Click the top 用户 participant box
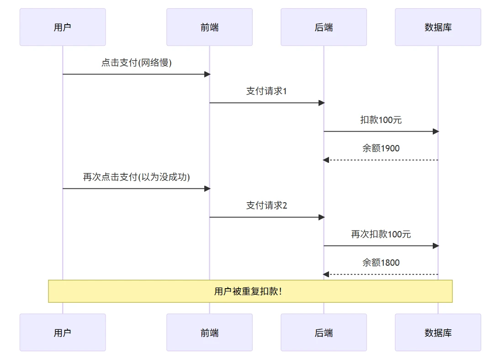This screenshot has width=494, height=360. tap(63, 27)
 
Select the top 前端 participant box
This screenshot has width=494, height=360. tap(209, 27)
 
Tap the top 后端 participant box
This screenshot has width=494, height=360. tap(324, 27)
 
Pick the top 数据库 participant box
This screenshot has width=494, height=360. tap(438, 27)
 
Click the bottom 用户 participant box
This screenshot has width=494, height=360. tap(63, 333)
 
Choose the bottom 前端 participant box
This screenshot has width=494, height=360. tap(209, 333)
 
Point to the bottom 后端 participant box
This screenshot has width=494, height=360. tap(324, 333)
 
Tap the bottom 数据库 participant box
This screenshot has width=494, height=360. tap(438, 333)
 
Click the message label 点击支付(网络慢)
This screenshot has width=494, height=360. tap(136, 63)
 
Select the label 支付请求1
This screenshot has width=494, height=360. tap(266, 91)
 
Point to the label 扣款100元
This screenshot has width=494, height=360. tap(381, 120)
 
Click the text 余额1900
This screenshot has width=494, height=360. tap(381, 148)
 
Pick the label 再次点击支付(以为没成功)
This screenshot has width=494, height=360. tap(136, 177)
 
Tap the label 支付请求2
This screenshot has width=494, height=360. tap(266, 205)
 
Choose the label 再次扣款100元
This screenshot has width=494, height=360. tap(381, 234)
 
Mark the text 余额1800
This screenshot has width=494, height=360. tap(381, 263)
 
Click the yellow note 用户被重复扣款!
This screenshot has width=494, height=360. tap(250, 291)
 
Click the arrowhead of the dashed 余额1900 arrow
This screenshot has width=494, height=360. tap(326, 160)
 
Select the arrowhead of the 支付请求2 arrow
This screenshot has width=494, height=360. tap(321, 217)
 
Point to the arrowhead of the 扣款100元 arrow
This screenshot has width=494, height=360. tap(436, 131)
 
